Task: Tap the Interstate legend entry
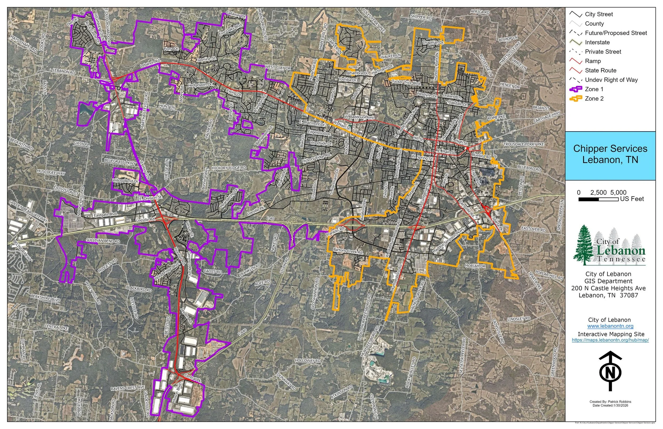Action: [x=597, y=42]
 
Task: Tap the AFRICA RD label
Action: [x=480, y=12]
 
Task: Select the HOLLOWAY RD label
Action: [x=307, y=361]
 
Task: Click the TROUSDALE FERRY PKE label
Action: [x=523, y=144]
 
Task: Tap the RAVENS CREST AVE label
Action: [x=128, y=388]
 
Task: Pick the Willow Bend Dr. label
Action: [x=125, y=181]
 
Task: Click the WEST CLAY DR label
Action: [x=278, y=68]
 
